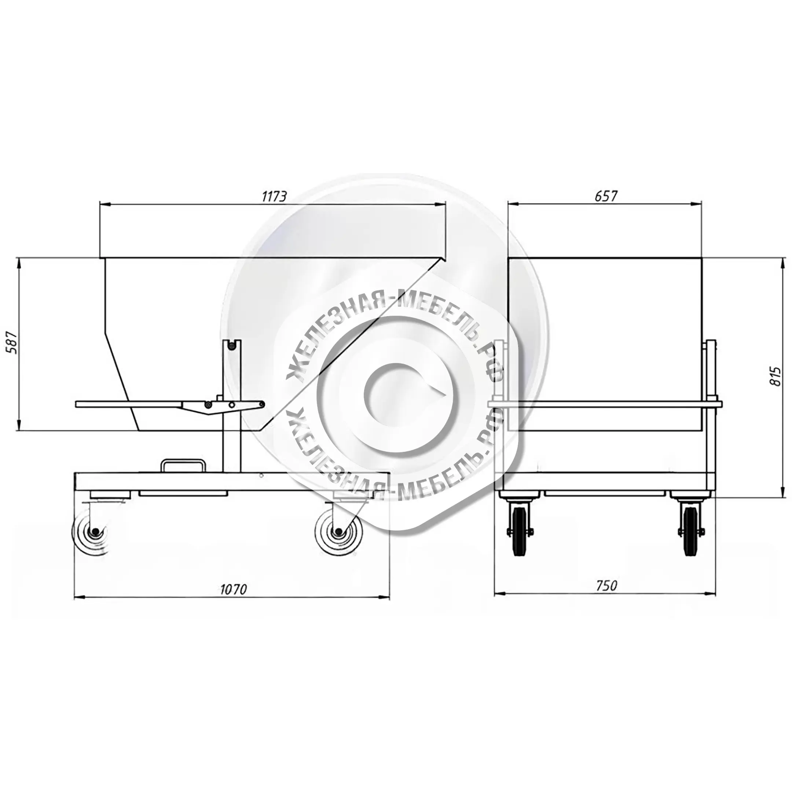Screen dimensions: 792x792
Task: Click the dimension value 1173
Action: (x=274, y=197)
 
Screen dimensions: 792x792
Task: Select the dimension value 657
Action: (x=605, y=197)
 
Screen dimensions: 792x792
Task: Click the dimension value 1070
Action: (x=234, y=589)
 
